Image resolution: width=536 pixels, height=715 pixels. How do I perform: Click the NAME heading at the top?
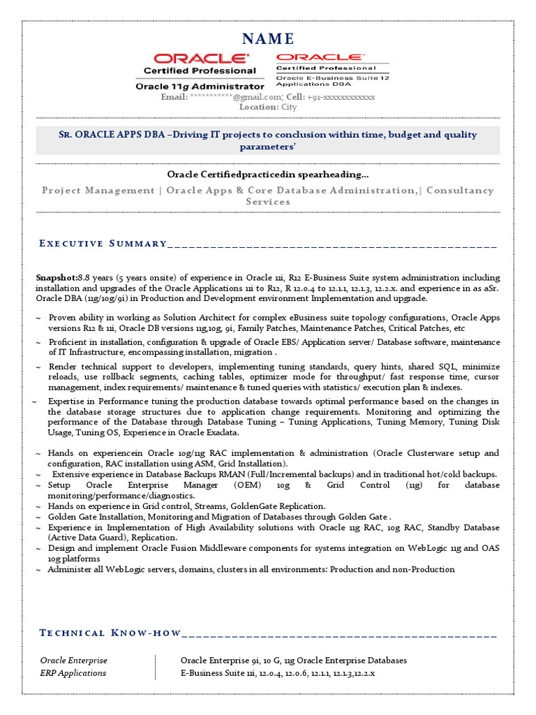click(268, 38)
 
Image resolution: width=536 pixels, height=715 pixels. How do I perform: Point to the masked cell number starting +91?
click(341, 97)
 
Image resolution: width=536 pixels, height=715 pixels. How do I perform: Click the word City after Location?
click(288, 107)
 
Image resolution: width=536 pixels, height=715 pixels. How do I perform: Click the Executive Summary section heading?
click(103, 243)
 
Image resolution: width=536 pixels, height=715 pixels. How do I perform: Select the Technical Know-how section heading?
click(110, 633)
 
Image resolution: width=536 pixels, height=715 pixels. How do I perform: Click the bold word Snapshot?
click(57, 277)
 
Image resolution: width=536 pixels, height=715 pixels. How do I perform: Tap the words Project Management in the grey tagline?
click(98, 190)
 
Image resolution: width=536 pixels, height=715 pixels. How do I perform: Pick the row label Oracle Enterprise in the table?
click(74, 660)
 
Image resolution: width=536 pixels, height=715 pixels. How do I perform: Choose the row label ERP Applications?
click(73, 673)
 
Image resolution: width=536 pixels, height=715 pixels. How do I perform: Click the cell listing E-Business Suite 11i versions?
click(278, 673)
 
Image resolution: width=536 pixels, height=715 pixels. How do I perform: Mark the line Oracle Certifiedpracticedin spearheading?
click(268, 174)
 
